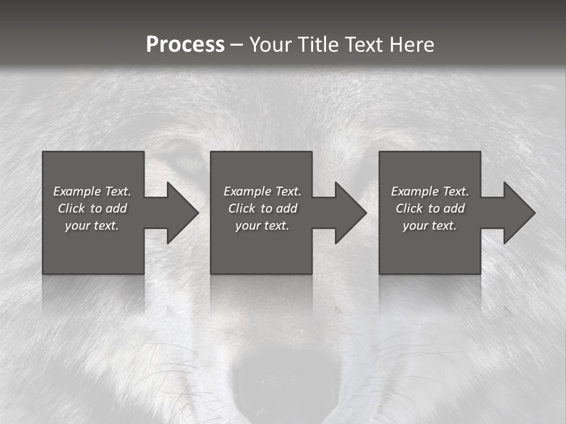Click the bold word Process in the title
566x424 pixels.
185,45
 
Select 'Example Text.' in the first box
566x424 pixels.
92,191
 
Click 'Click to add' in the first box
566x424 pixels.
92,208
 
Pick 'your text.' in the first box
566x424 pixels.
92,226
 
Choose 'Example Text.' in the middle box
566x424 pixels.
262,191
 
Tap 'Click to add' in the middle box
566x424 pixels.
262,208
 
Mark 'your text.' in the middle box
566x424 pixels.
262,226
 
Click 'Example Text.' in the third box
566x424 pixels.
430,191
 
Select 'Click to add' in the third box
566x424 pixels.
430,208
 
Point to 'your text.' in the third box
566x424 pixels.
430,226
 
